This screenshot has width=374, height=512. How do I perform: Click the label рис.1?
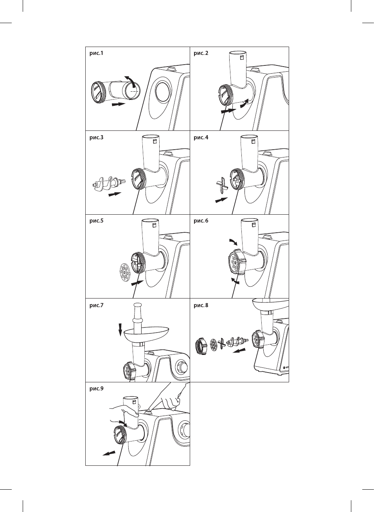pos(96,53)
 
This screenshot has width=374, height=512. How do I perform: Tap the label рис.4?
pos(201,137)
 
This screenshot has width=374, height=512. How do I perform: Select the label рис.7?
pos(96,306)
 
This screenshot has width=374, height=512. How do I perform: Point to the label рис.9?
pos(96,389)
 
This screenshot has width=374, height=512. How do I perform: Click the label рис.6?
pos(201,221)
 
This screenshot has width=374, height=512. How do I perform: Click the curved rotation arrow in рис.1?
pos(131,79)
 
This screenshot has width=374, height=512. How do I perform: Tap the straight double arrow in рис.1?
pos(119,104)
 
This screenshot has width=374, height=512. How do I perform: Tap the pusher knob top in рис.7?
pos(138,306)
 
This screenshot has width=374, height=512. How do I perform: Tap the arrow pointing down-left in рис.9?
pos(109,453)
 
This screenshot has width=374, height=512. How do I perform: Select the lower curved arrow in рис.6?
pos(235,281)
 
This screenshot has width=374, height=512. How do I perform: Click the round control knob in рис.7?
pos(183,367)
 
